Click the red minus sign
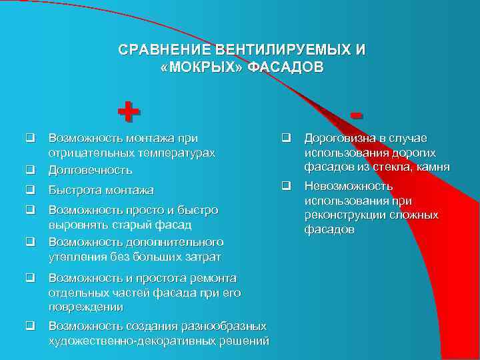click(359, 116)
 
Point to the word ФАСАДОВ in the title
click(285, 67)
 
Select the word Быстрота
click(73, 190)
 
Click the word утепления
click(75, 256)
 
